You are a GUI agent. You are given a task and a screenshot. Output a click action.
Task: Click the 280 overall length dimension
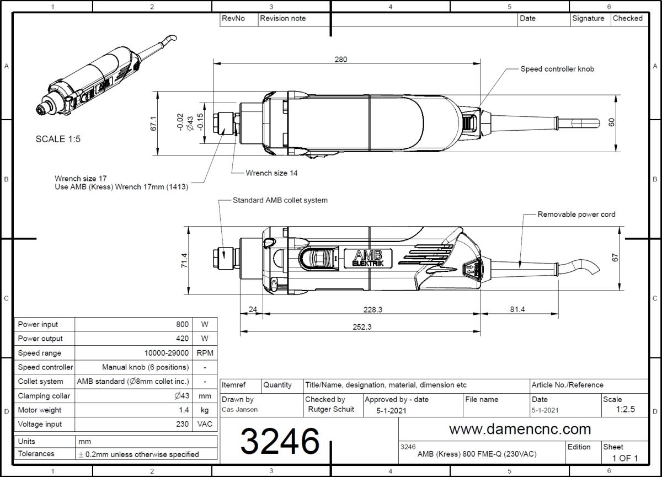(x=341, y=60)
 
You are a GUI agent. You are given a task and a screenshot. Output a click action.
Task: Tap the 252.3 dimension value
(x=362, y=327)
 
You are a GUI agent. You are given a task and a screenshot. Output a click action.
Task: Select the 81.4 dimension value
(x=517, y=309)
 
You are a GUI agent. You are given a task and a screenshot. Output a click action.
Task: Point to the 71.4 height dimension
(x=184, y=260)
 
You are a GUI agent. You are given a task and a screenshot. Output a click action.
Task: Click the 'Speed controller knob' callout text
(x=557, y=69)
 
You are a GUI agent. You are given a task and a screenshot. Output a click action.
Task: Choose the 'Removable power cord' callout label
(x=576, y=214)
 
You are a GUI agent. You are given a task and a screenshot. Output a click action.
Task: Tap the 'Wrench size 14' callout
(x=271, y=173)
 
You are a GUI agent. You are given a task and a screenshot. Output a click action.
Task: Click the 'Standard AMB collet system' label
(x=280, y=200)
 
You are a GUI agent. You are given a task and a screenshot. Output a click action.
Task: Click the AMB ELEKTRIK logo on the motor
(x=368, y=258)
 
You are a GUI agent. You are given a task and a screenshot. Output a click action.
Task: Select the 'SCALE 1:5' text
(x=58, y=139)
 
